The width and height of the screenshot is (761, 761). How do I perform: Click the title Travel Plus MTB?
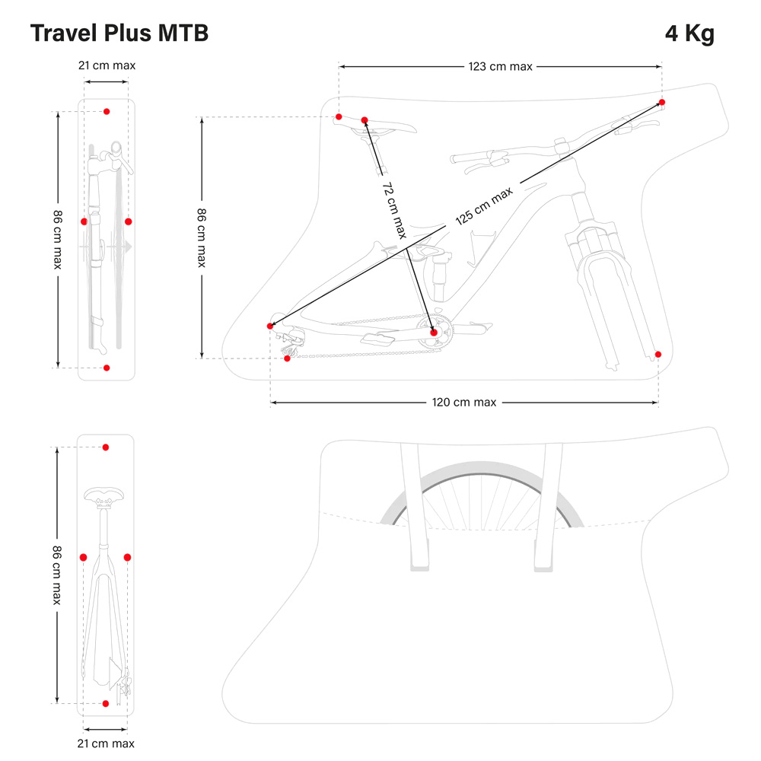pyautogui.click(x=119, y=33)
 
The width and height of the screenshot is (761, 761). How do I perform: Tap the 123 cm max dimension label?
pyautogui.click(x=500, y=66)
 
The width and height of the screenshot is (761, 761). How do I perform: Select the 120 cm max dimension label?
pyautogui.click(x=464, y=402)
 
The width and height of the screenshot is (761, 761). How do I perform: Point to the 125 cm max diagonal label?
pyautogui.click(x=484, y=208)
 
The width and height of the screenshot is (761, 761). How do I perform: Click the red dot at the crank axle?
pyautogui.click(x=434, y=333)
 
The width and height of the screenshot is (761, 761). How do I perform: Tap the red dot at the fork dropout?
pyautogui.click(x=658, y=354)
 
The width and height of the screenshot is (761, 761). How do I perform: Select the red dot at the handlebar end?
pyautogui.click(x=661, y=102)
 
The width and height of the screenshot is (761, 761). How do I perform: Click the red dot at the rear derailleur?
pyautogui.click(x=287, y=358)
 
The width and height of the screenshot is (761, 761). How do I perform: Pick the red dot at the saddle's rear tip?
pyautogui.click(x=339, y=116)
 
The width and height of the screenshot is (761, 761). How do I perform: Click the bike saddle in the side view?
pyautogui.click(x=388, y=126)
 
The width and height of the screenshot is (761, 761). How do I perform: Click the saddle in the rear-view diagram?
pyautogui.click(x=106, y=498)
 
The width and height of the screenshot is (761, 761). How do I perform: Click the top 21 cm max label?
pyautogui.click(x=107, y=65)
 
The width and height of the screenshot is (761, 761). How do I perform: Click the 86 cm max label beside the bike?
pyautogui.click(x=201, y=237)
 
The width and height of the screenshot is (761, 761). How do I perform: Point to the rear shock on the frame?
pyautogui.click(x=438, y=274)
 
